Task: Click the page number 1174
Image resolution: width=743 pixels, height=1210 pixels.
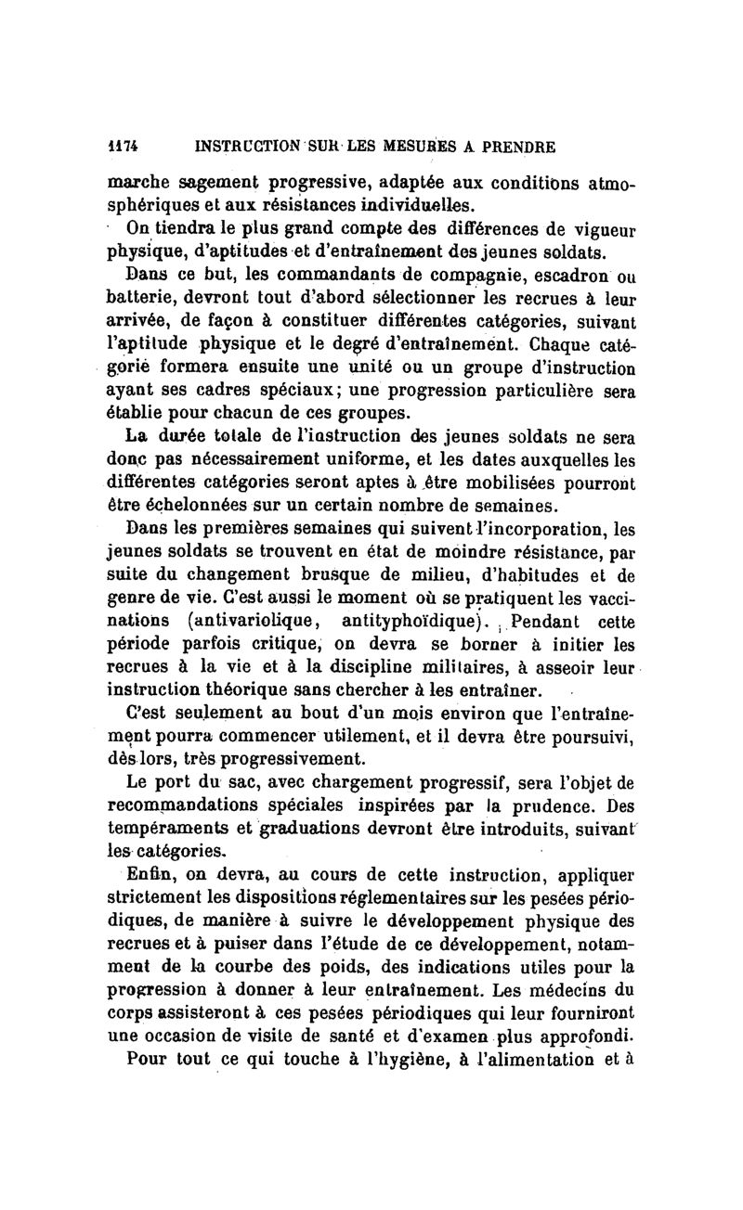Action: [121, 146]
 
